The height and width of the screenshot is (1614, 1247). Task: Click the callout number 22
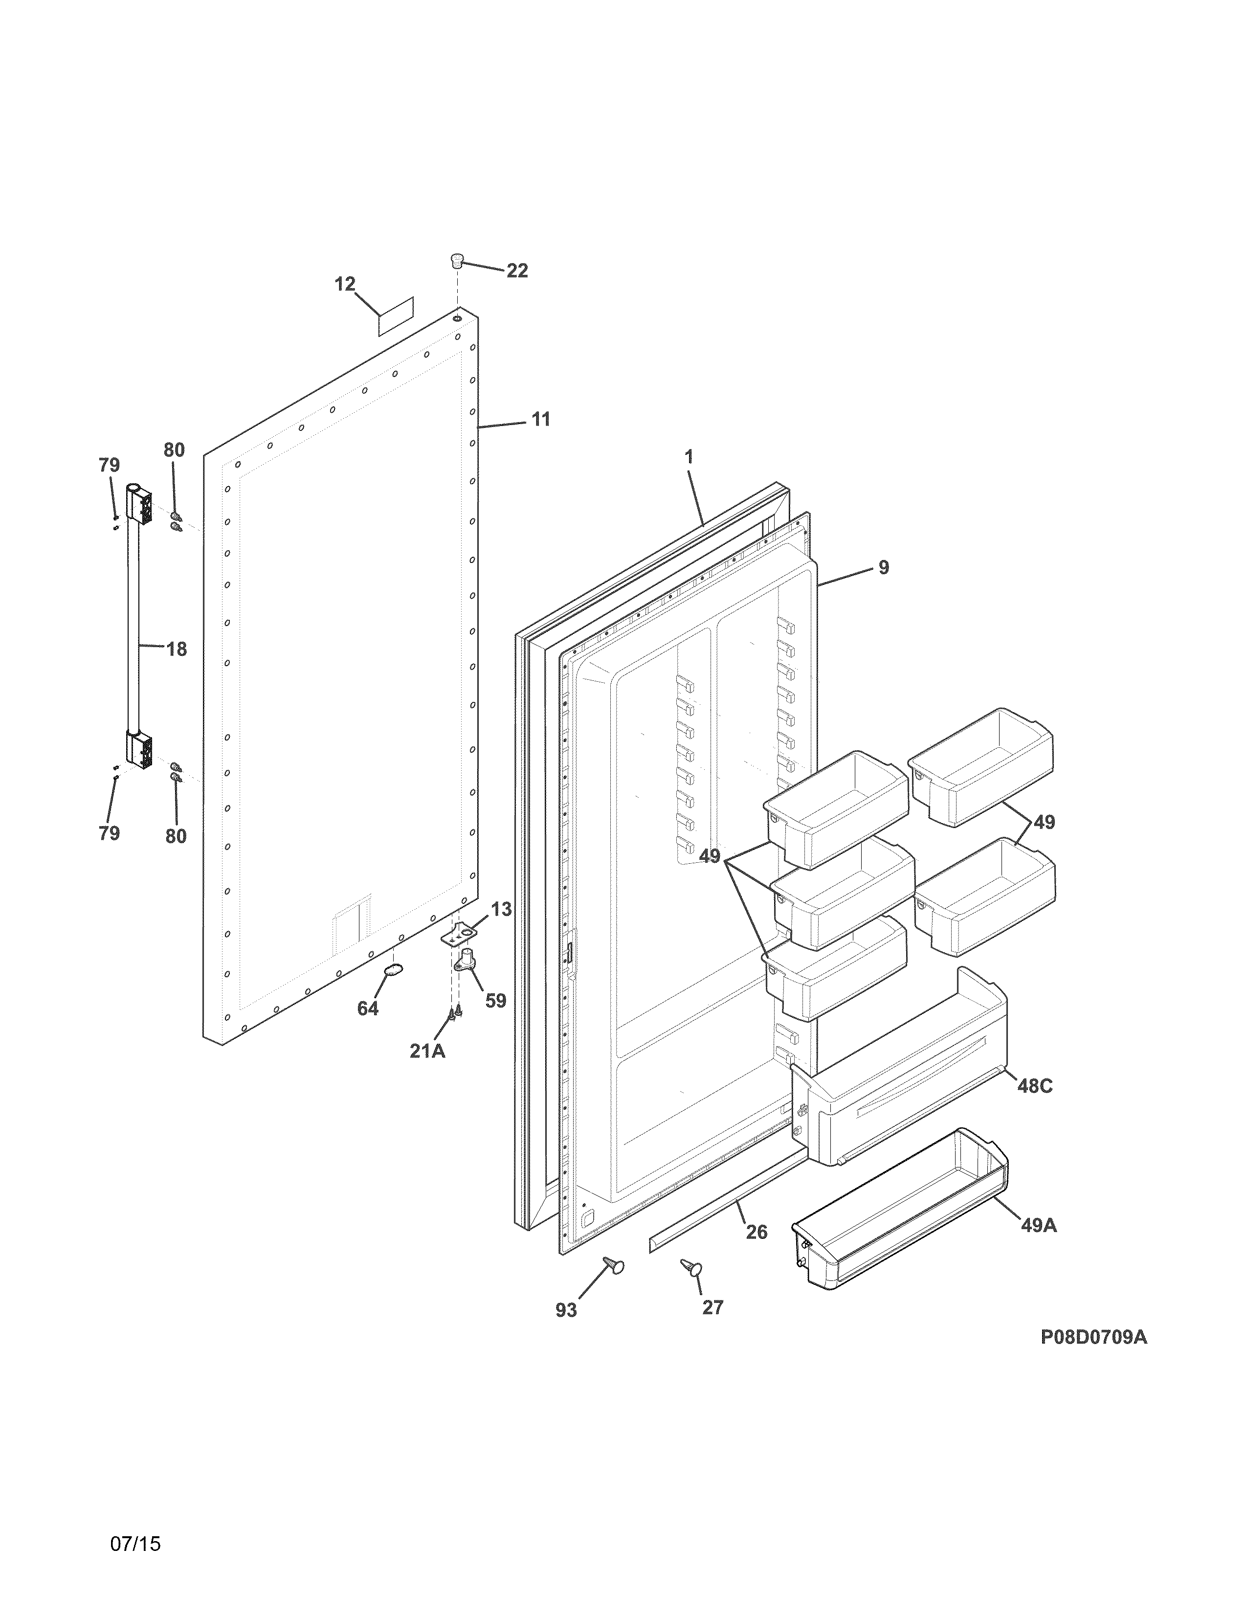[517, 271]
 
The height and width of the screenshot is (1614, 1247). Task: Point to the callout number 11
[541, 420]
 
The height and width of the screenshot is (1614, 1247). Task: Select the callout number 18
[176, 650]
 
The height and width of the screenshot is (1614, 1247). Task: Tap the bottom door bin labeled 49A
[901, 1212]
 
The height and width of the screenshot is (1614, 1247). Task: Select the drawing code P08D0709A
[1093, 1337]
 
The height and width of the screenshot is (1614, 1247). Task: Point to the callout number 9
[884, 567]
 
